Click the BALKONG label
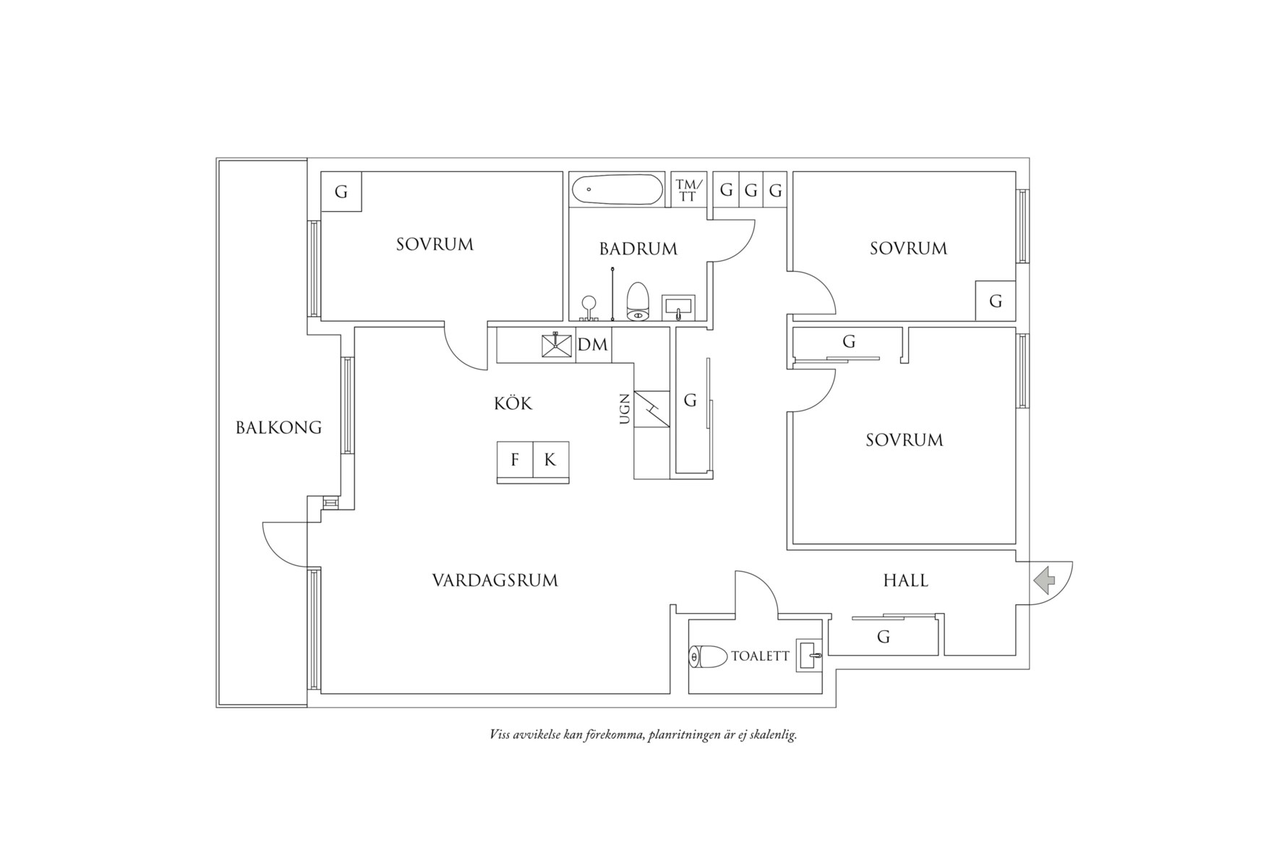(278, 427)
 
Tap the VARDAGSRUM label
(495, 580)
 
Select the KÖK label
(513, 403)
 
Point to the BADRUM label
(638, 249)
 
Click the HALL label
(905, 580)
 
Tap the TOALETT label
(760, 656)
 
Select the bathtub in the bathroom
(617, 191)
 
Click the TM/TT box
(687, 191)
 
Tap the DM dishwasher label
(593, 345)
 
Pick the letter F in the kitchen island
(515, 460)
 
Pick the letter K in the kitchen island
(550, 460)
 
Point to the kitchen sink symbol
(556, 345)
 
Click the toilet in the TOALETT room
(709, 657)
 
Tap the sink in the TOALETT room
(809, 656)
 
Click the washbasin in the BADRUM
(678, 306)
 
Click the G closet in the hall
(883, 637)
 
